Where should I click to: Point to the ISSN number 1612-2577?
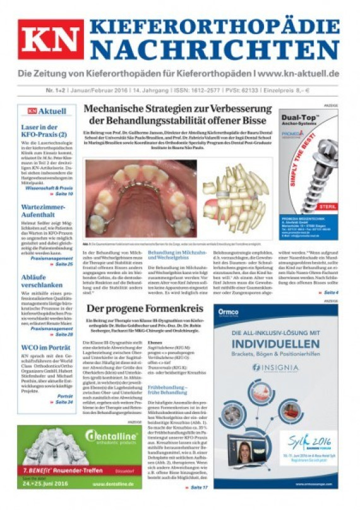coord(196,90)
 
